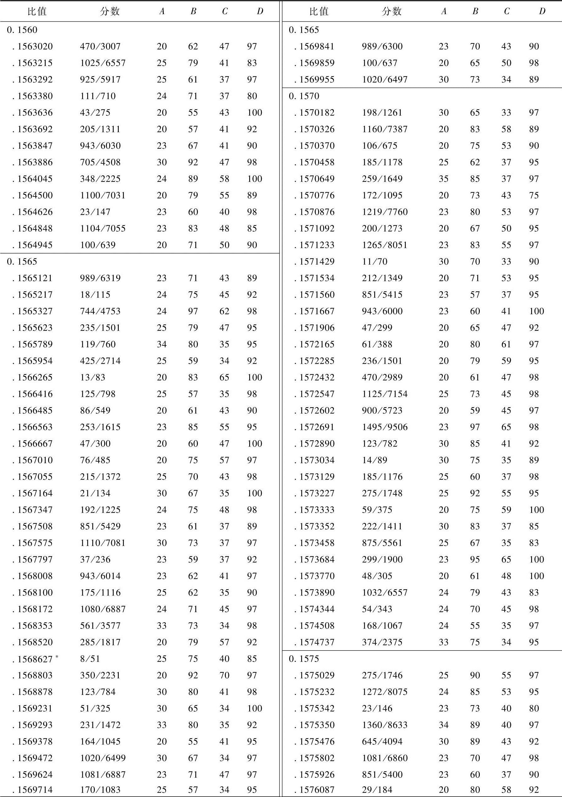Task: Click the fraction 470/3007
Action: pos(100,47)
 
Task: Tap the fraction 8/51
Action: pos(90,659)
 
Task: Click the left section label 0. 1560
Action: pos(22,30)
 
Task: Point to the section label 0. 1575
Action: pos(304,659)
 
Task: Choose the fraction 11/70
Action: pos(375,262)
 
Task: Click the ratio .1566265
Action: pos(35,377)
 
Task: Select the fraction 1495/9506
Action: pos(385,427)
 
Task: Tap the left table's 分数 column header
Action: pos(110,11)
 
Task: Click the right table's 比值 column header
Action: pos(318,11)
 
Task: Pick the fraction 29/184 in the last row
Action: pos(377,790)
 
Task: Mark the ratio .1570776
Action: pos(317,196)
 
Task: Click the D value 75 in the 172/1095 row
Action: pos(534,196)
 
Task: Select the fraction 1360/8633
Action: pos(385,725)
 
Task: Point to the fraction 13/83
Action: pos(92,377)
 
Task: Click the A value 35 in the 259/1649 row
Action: pos(444,179)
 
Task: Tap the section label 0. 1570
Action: pos(304,96)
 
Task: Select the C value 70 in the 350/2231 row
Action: pos(224,675)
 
